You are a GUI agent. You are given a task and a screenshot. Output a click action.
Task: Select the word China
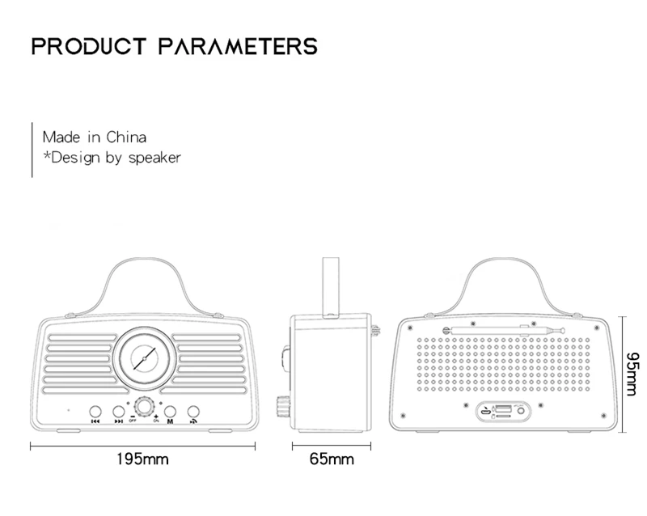126,137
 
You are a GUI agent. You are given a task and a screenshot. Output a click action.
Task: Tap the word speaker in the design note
153,157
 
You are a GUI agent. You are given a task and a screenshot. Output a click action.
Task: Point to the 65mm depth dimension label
332,459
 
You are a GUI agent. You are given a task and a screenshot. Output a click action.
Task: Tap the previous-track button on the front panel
95,410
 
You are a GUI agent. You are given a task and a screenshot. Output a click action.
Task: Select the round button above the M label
171,410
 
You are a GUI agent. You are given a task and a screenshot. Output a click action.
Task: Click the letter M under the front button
171,421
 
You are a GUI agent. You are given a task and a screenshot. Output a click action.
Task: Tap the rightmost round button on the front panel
194,410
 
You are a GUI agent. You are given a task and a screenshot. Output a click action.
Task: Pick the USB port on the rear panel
501,408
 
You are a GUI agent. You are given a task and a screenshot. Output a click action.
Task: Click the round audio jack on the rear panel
520,410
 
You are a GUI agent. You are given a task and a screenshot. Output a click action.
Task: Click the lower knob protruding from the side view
285,404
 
